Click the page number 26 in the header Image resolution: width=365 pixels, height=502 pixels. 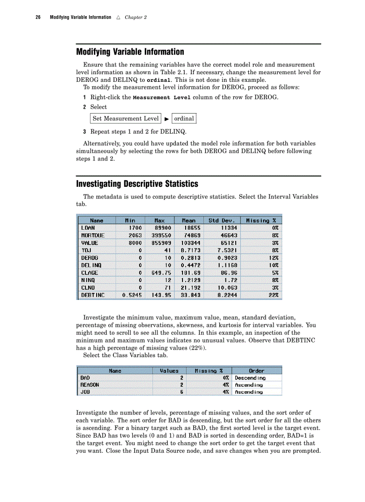click(38, 17)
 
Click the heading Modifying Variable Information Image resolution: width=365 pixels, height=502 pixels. click(130, 52)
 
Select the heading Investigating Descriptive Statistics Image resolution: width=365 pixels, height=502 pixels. click(137, 184)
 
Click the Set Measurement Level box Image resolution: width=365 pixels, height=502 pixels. click(126, 118)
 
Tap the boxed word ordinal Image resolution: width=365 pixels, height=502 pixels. click(184, 118)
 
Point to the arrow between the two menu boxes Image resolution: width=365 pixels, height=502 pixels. click(166, 119)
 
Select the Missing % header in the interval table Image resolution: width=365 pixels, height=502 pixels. click(261, 220)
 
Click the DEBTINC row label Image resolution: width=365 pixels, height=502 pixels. click(93, 295)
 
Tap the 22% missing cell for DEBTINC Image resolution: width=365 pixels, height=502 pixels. click(273, 295)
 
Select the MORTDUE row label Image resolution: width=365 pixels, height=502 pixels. click(93, 235)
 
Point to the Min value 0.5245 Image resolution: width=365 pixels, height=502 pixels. click(132, 295)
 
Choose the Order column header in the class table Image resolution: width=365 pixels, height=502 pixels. click(256, 371)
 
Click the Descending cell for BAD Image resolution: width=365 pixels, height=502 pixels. click(250, 378)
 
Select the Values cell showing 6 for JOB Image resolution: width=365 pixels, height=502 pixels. click(182, 392)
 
